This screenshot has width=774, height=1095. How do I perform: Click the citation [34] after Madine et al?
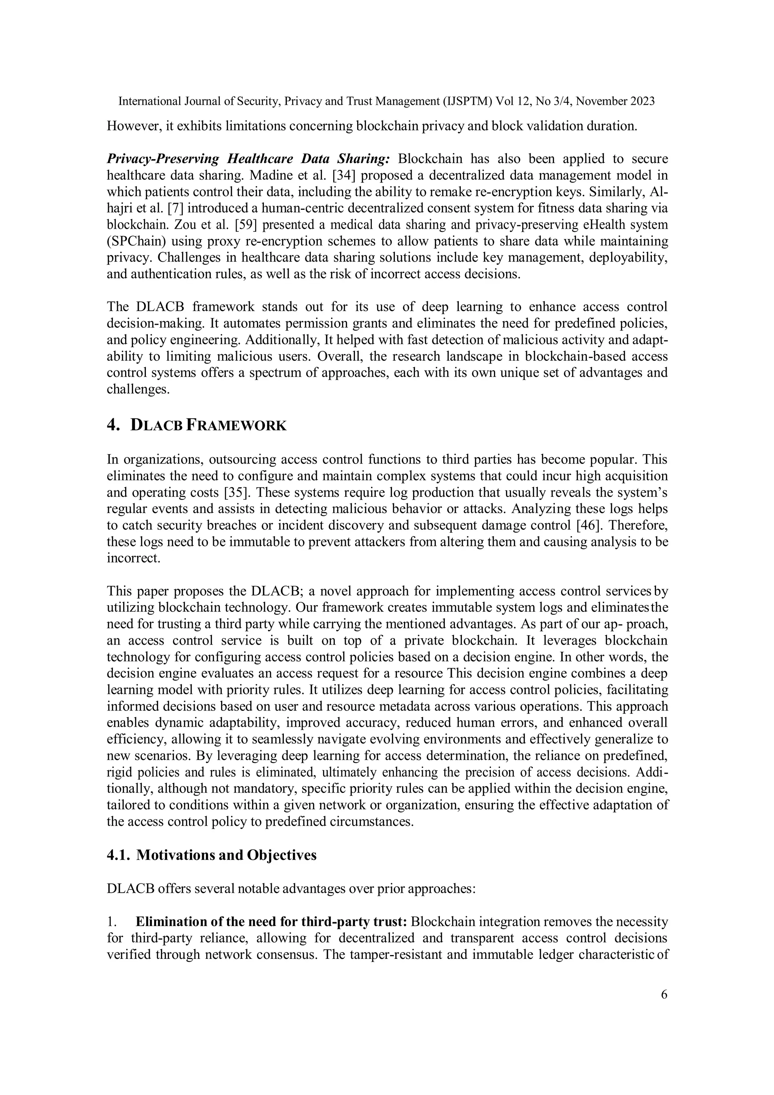pos(343,175)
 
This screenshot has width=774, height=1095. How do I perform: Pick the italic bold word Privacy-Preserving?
pos(163,159)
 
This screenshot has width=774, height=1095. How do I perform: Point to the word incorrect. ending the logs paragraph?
pos(133,558)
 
